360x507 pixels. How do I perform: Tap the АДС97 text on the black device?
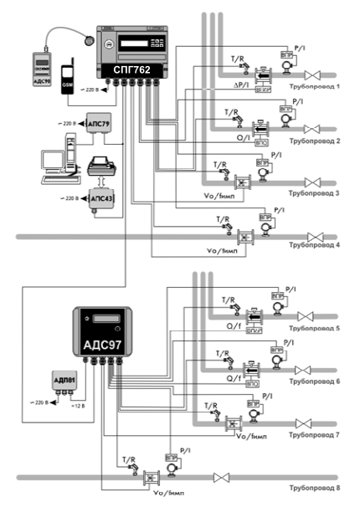(101, 345)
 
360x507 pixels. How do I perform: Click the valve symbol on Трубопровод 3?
(314, 182)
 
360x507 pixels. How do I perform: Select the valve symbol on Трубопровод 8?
(222, 478)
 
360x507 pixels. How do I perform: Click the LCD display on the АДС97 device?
(101, 319)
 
